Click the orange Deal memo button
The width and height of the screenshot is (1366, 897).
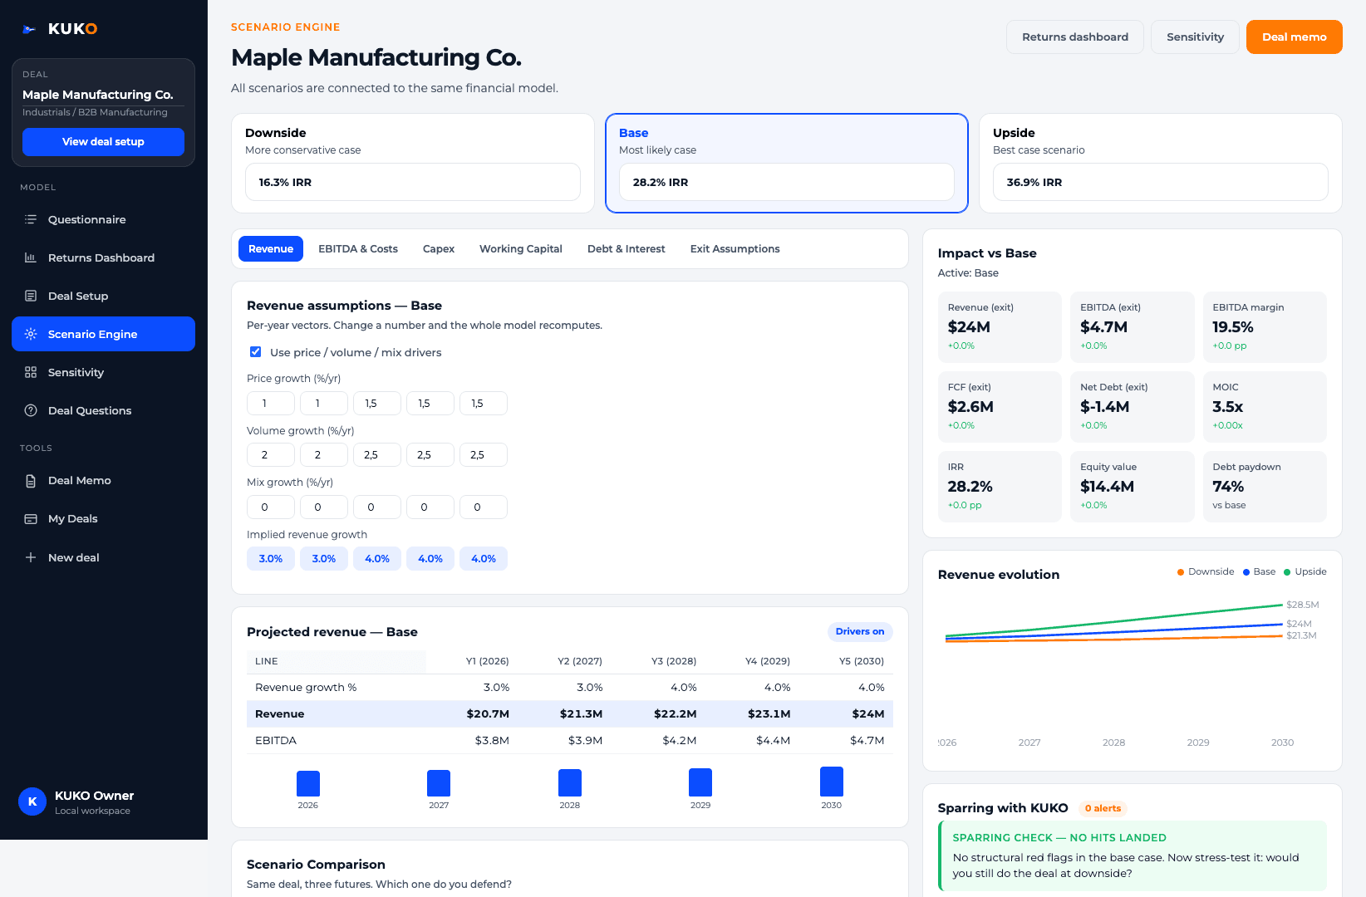[1294, 37]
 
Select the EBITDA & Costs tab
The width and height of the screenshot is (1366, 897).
[358, 248]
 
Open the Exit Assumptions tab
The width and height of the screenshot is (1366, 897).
[735, 248]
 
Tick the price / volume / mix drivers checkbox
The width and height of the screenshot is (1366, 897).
[256, 351]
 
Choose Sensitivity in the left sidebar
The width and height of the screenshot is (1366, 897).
[76, 372]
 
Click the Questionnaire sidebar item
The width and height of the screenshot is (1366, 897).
[86, 219]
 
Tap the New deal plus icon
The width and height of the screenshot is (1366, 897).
[31, 557]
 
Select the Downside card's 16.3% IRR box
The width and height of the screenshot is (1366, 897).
[413, 182]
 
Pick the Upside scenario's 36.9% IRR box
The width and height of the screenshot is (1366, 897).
[1160, 182]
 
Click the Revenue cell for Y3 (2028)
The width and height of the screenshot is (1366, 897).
[675, 713]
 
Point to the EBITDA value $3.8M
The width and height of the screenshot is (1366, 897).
[492, 740]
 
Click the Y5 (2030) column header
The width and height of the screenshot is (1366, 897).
[861, 661]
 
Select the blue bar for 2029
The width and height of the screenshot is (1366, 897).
[700, 782]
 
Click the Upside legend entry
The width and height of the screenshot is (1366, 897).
[1305, 571]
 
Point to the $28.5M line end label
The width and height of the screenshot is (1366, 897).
[1303, 605]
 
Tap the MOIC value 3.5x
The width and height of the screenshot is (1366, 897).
[1227, 406]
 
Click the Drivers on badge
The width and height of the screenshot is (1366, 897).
[860, 631]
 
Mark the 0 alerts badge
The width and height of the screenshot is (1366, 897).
[1103, 808]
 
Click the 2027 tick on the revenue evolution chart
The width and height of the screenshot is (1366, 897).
[1029, 743]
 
